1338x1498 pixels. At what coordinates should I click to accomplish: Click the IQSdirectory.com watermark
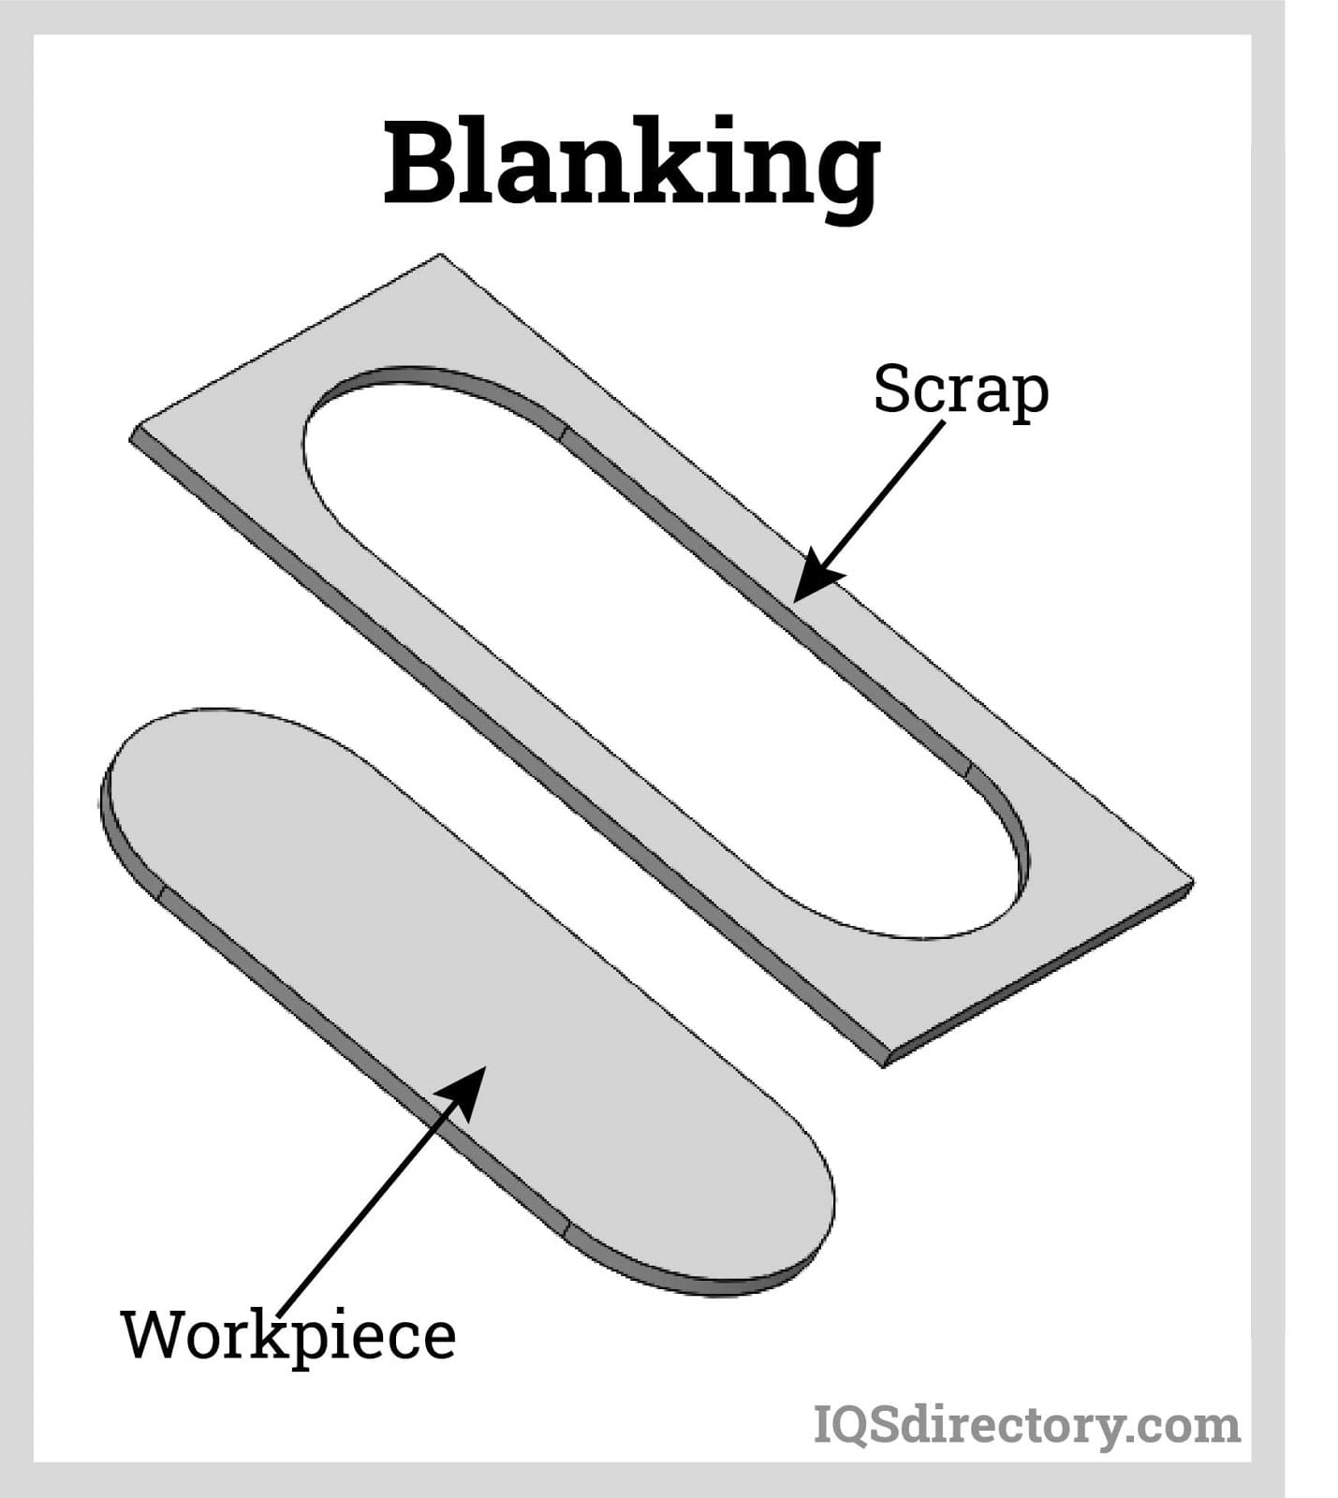pyautogui.click(x=1026, y=1425)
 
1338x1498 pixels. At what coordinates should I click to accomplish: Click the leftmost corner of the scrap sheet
pyautogui.click(x=132, y=436)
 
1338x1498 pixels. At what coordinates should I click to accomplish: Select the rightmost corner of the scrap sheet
pyautogui.click(x=1192, y=881)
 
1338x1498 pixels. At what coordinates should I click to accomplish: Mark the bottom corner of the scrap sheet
pyautogui.click(x=884, y=1064)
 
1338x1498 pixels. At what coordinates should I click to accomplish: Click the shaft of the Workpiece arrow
pyautogui.click(x=375, y=1198)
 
